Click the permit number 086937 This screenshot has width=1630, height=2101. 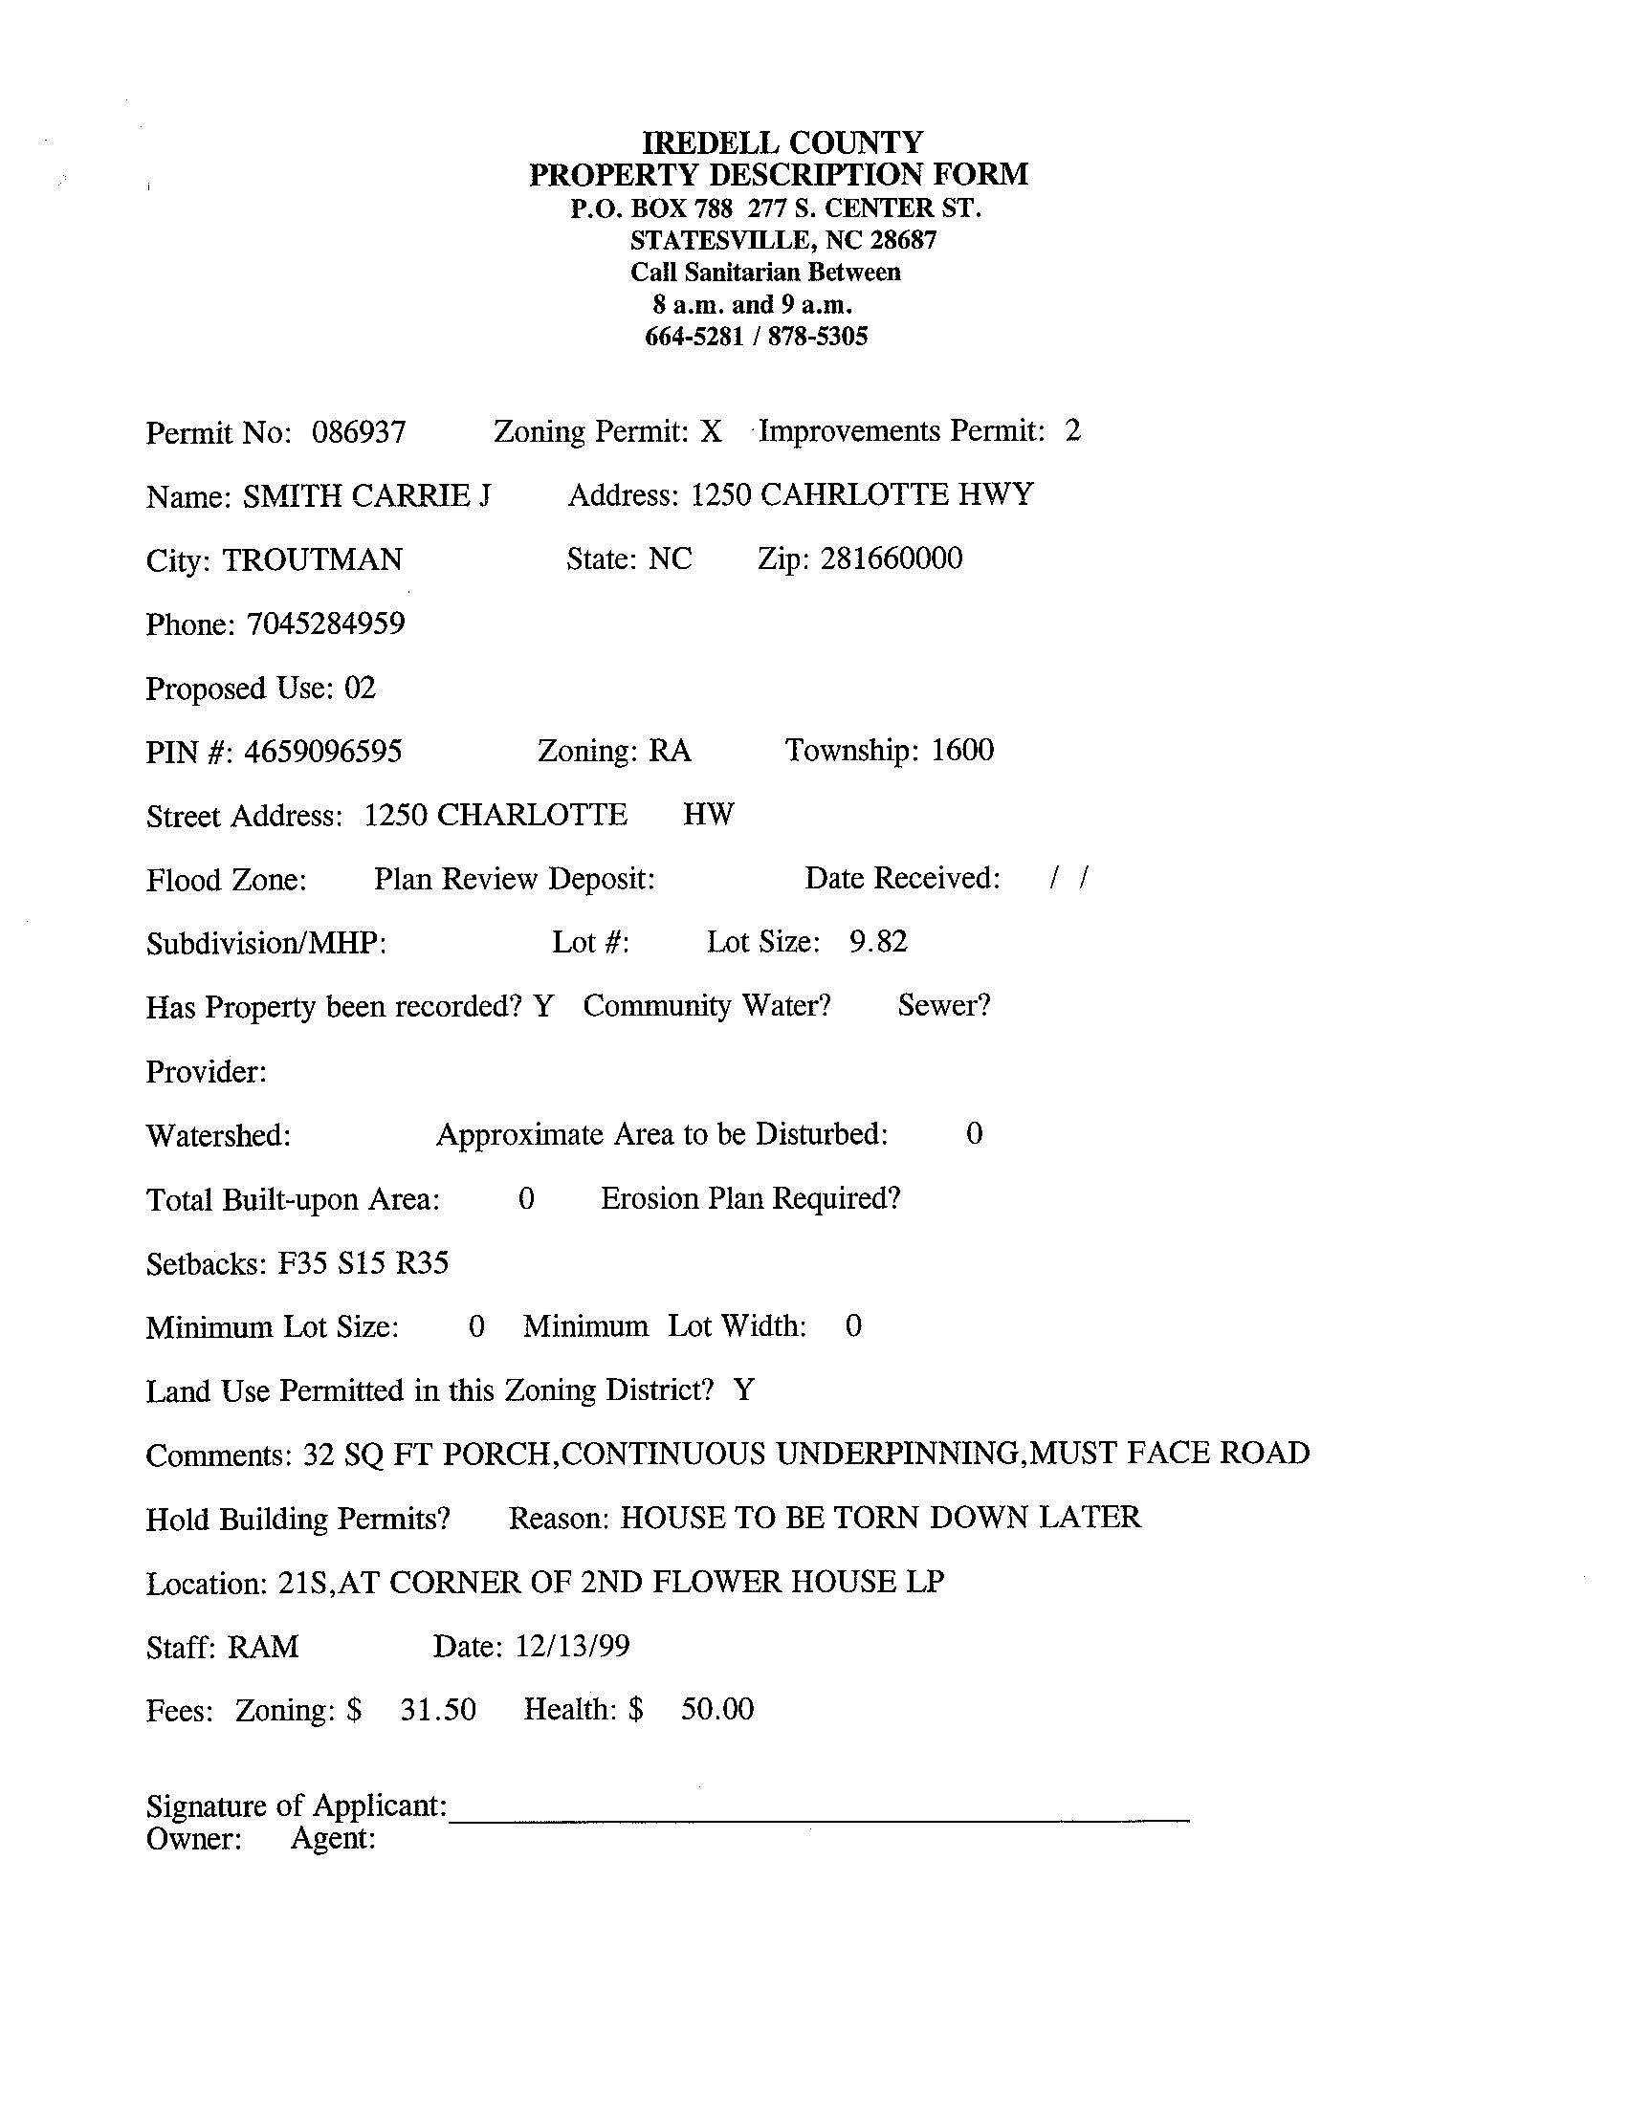[x=358, y=433]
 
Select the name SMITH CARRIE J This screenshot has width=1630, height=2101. [x=366, y=496]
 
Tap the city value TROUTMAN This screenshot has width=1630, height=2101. [x=313, y=559]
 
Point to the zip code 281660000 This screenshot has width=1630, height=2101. [x=891, y=558]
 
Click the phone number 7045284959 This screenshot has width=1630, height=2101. [x=325, y=624]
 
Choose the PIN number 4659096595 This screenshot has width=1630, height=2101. [x=322, y=752]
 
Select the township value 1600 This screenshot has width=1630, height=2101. [x=962, y=751]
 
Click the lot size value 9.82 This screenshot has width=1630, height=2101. [x=877, y=941]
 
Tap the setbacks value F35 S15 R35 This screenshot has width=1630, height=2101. [x=363, y=1263]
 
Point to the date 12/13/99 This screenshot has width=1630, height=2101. [x=573, y=1647]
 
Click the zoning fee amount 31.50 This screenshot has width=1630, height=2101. [x=438, y=1711]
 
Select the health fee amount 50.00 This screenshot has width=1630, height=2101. [x=716, y=1710]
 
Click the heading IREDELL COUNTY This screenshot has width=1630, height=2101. [x=782, y=143]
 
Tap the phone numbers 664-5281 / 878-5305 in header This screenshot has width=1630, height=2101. [x=756, y=337]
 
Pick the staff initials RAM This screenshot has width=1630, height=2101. [x=263, y=1647]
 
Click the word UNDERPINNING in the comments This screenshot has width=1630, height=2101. [x=898, y=1454]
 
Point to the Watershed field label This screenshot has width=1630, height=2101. [x=217, y=1136]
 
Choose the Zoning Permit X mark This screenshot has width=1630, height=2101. [x=710, y=432]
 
